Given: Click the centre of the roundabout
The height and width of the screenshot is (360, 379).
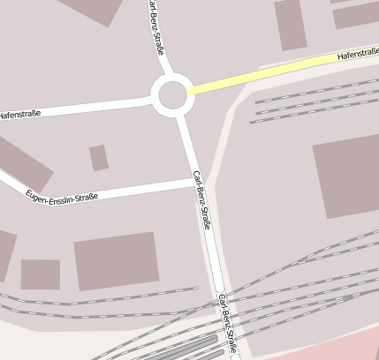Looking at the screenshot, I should coord(171,95).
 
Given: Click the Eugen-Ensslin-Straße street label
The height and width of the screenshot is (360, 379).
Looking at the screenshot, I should coord(62,194).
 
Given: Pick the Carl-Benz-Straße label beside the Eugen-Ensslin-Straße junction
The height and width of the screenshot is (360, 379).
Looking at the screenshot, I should coord(202,199).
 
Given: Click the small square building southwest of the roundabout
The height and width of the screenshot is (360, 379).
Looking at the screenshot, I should coord(99,158).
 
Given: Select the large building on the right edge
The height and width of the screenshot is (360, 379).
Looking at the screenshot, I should coord(346,176).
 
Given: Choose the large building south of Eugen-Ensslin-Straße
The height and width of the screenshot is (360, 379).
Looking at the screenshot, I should coord(116,261).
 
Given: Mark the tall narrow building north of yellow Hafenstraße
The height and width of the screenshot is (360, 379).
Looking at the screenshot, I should coord(290,25).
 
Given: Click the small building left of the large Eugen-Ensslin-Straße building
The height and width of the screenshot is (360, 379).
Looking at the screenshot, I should coord(41,274).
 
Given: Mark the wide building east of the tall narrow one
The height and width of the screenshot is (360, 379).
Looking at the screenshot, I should coord(356,13).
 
